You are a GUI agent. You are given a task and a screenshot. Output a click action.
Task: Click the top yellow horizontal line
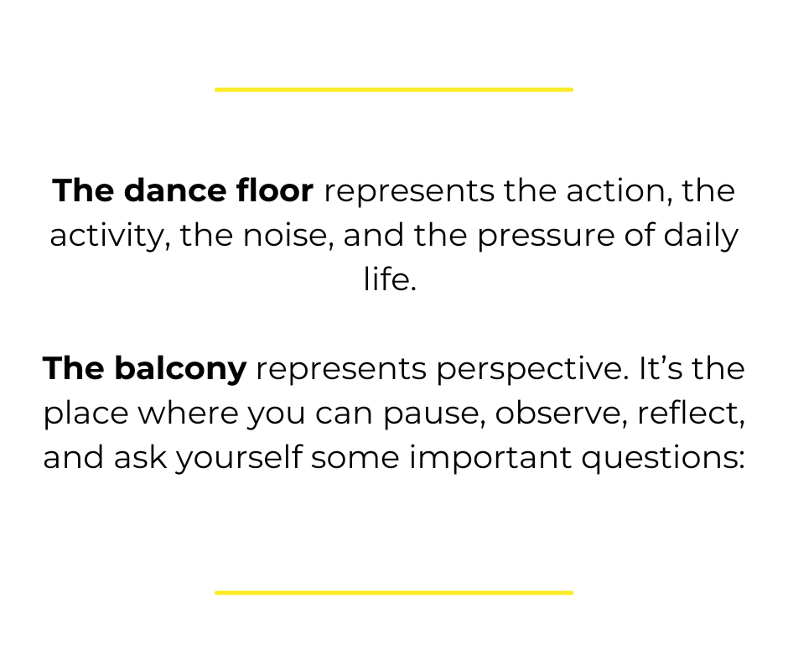click(x=394, y=90)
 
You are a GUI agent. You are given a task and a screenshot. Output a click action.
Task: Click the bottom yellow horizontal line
click(x=394, y=592)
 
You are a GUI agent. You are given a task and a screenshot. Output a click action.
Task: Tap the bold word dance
click(x=175, y=190)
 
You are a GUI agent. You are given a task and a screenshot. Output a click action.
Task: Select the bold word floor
click(x=275, y=190)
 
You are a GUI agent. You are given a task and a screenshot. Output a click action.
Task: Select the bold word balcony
click(x=180, y=369)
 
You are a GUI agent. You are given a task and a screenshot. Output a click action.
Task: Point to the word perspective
click(x=532, y=370)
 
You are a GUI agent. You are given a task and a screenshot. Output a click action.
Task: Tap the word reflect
click(x=692, y=413)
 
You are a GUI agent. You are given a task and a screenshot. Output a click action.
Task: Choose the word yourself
click(x=239, y=458)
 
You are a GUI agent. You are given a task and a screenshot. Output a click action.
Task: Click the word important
click(x=490, y=458)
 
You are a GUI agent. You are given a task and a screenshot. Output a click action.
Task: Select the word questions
click(x=663, y=459)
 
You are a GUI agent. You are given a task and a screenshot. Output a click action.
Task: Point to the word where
click(x=188, y=413)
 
